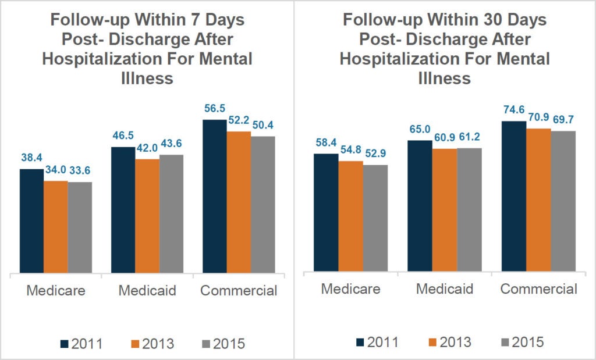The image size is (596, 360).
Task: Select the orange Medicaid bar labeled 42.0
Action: click(x=147, y=215)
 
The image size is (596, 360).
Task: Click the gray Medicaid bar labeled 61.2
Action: click(x=469, y=209)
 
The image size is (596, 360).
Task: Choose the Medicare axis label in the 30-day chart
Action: click(x=350, y=289)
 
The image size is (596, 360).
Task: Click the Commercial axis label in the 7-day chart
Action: click(x=239, y=291)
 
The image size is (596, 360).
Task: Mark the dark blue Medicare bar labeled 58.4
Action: click(x=325, y=212)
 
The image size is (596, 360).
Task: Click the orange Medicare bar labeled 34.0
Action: click(x=55, y=226)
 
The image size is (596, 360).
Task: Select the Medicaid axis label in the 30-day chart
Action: click(x=444, y=289)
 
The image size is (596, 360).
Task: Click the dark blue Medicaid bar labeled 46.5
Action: click(x=122, y=209)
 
